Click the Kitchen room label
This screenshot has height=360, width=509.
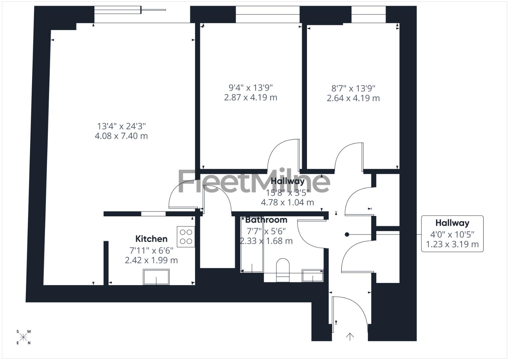(151, 239)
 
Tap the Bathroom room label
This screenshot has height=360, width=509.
(266, 220)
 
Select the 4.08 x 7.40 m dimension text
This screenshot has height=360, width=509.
(121, 136)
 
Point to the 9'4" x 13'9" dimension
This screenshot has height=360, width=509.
(251, 88)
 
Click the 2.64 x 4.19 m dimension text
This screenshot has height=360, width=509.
(353, 98)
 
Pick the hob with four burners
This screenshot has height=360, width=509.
(186, 237)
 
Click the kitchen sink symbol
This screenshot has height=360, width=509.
(156, 277)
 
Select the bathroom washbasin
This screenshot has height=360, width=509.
(313, 275)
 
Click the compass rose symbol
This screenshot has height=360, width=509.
(23, 337)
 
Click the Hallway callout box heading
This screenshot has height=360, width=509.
(452, 223)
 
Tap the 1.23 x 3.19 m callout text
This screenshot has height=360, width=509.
(452, 244)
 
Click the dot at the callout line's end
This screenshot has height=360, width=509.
(347, 235)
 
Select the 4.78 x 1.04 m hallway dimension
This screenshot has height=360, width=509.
(287, 202)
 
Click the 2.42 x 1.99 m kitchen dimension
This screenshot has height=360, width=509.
(151, 260)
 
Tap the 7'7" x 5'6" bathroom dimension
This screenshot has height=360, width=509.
(266, 231)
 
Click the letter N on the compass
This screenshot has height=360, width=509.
(29, 343)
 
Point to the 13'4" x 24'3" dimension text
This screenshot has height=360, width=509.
(121, 126)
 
